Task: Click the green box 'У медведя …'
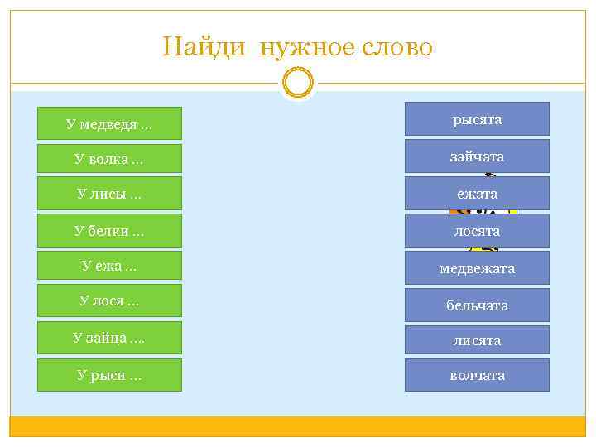tap(109, 124)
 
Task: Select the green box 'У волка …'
tap(109, 158)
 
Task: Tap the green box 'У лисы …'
tap(109, 195)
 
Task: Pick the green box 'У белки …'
tap(109, 230)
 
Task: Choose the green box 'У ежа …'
tap(109, 266)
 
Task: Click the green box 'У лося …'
tap(109, 300)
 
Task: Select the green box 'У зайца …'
tap(109, 338)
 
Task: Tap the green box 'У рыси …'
tap(109, 375)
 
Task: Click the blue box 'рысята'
tap(477, 119)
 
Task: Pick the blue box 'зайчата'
tap(477, 156)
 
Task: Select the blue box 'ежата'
tap(477, 193)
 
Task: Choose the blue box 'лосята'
tap(477, 230)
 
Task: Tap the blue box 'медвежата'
tap(477, 267)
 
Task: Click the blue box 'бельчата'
tap(477, 305)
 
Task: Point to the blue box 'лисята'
tap(477, 339)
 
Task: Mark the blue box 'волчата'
tap(477, 375)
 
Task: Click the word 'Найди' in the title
tap(204, 46)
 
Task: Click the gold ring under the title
tap(298, 84)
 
